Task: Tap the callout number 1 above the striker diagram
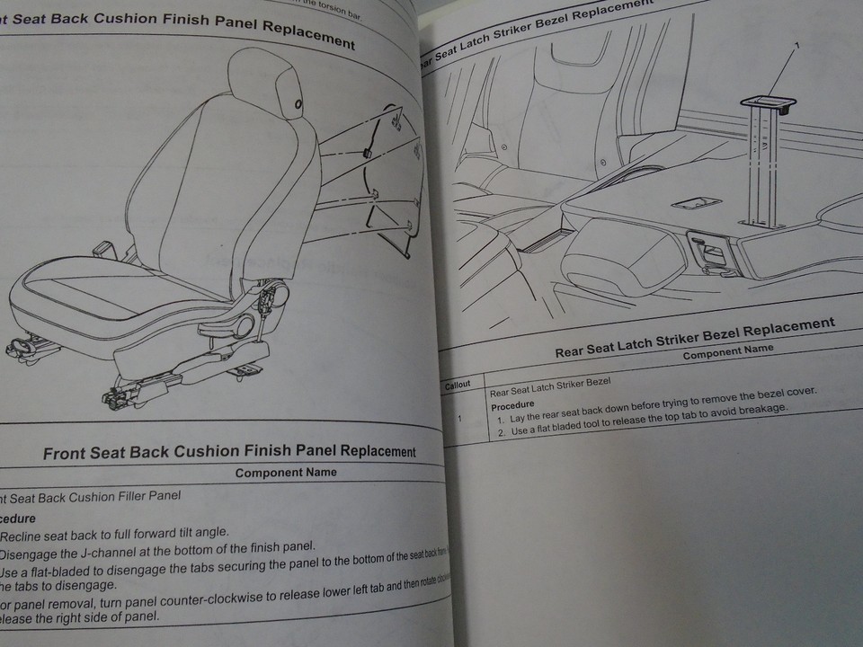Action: (x=796, y=45)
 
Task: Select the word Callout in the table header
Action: (x=458, y=385)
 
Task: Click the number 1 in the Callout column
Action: (x=459, y=419)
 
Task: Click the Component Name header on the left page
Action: (x=286, y=472)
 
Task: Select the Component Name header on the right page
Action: (x=727, y=350)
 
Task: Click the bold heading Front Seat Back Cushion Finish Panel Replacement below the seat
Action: (x=229, y=451)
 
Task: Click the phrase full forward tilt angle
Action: (x=174, y=532)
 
